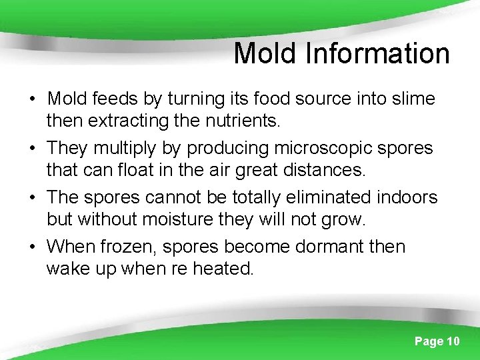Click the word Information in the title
click(377, 53)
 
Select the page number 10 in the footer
click(452, 341)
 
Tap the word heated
click(221, 269)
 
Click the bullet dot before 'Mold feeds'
click(32, 101)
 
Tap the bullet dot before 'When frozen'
click(32, 248)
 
